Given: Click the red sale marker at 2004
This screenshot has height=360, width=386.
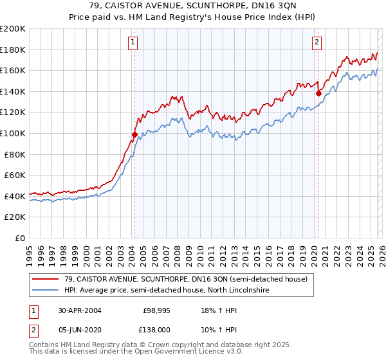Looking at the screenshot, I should click(134, 134).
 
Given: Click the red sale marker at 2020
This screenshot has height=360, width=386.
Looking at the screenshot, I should click(318, 93).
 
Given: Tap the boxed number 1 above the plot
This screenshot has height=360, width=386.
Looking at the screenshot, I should click(133, 43).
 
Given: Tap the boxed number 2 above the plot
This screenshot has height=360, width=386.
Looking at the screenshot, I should click(317, 43).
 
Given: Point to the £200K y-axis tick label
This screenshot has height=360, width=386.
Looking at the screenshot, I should click(13, 29).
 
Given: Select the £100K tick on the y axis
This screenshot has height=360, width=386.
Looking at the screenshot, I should click(13, 133).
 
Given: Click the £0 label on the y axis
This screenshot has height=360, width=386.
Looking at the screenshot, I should click(19, 238).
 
